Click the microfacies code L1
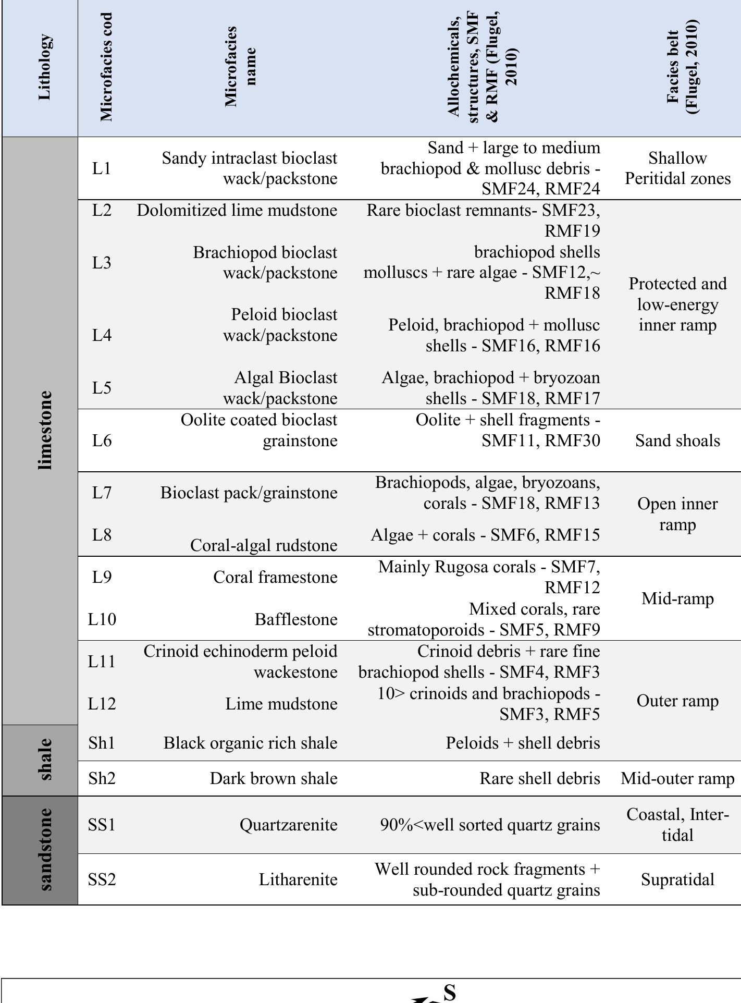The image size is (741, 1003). coord(102,168)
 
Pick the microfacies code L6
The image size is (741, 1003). coord(102,441)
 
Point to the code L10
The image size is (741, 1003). coord(102,619)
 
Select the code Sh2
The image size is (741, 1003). coord(102,778)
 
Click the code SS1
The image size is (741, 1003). coord(102,825)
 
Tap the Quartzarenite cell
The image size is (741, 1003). coord(288,825)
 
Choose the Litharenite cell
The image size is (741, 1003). coord(298,879)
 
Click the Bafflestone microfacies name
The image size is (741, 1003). coord(295,619)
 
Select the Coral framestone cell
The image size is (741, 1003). coord(275,577)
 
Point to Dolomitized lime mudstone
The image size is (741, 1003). coord(237,211)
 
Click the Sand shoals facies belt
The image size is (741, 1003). coord(677,441)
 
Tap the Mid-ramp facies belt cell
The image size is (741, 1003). coord(677,598)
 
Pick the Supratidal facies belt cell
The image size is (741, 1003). coord(677,879)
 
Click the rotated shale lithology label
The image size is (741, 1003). coord(45,759)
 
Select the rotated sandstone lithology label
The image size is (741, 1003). coord(45,850)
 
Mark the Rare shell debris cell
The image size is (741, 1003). coord(539,778)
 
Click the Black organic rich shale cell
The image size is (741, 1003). coord(250,743)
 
